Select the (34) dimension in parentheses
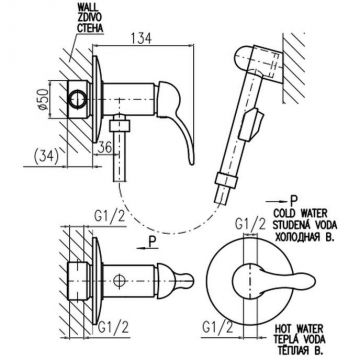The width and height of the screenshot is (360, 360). pyautogui.click(x=46, y=156)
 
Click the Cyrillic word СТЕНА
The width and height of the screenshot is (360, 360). pyautogui.click(x=90, y=29)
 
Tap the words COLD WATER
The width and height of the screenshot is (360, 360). pyautogui.click(x=300, y=213)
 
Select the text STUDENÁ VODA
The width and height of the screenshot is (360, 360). pyautogui.click(x=305, y=225)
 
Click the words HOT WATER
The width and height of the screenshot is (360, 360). pyautogui.click(x=298, y=329)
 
